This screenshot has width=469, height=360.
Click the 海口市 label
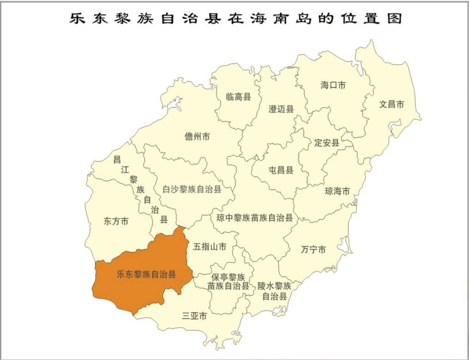click(333, 85)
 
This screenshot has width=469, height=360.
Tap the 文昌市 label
click(392, 105)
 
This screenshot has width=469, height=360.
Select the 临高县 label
click(239, 97)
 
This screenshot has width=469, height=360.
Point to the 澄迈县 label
click(281, 109)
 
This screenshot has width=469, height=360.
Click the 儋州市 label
click(197, 137)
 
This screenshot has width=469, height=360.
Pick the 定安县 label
click(327, 142)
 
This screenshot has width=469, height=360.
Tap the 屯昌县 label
click(281, 170)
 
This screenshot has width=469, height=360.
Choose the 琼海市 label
click(338, 191)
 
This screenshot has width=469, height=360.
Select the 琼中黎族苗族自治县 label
click(255, 218)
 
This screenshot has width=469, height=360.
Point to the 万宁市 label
click(313, 249)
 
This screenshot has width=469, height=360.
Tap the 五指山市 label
click(210, 247)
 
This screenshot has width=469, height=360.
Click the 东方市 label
click(116, 221)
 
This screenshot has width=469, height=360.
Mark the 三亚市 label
click(195, 316)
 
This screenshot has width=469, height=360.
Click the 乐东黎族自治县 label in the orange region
click(146, 275)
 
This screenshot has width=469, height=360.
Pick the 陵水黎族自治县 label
click(275, 291)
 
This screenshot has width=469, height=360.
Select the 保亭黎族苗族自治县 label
click(229, 281)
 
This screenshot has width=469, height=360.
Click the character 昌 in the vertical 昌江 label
click(117, 160)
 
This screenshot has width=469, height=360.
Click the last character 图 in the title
click(394, 18)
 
